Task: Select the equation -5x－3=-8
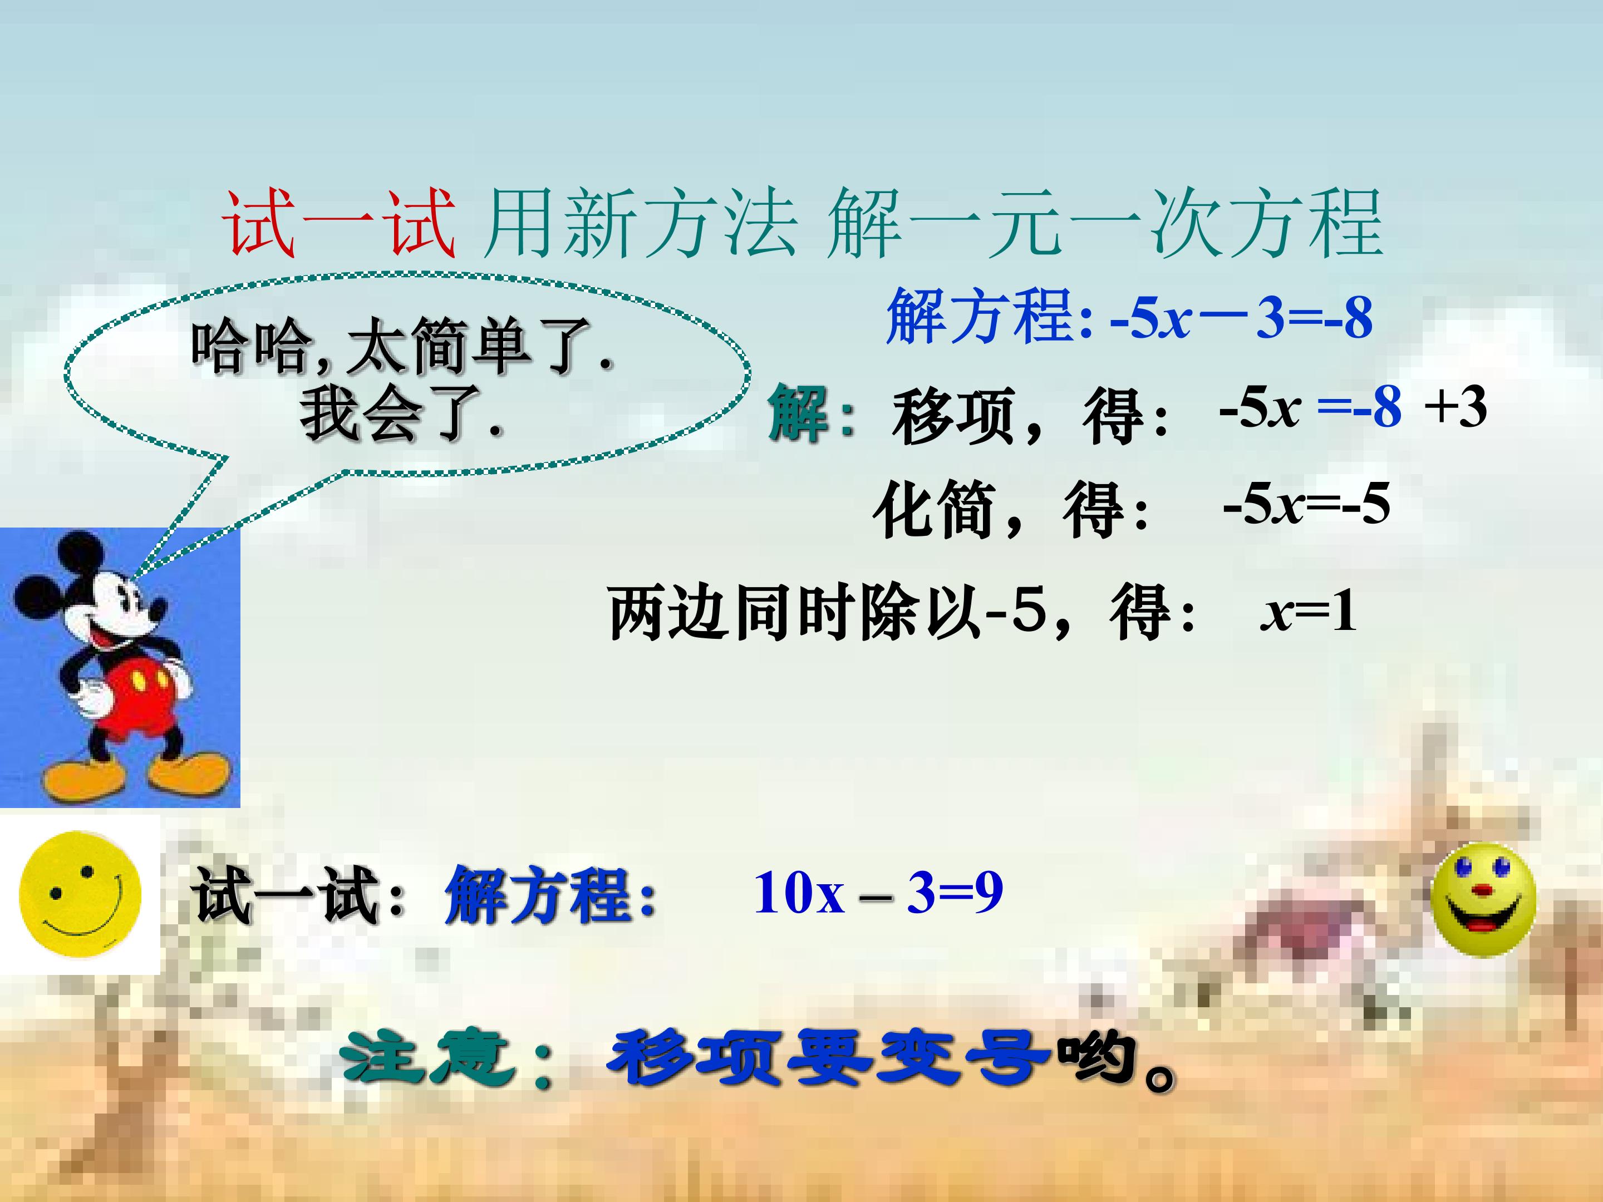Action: [1241, 317]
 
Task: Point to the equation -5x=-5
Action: [1306, 504]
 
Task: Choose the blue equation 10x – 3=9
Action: [878, 893]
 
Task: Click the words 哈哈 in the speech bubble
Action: [250, 347]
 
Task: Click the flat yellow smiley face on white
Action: [80, 894]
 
